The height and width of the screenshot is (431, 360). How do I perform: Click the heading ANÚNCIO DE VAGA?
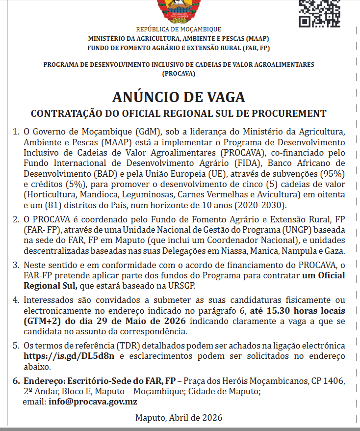(179, 96)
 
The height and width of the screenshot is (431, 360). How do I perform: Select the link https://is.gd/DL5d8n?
(69, 356)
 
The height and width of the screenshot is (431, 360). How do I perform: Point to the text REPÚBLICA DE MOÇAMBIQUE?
(179, 29)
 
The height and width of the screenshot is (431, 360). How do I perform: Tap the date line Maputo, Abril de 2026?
(179, 418)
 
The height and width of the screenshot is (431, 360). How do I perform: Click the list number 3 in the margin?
(15, 266)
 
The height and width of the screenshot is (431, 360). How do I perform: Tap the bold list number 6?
(15, 381)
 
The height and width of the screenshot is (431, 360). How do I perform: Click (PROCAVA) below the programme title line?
(179, 74)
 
